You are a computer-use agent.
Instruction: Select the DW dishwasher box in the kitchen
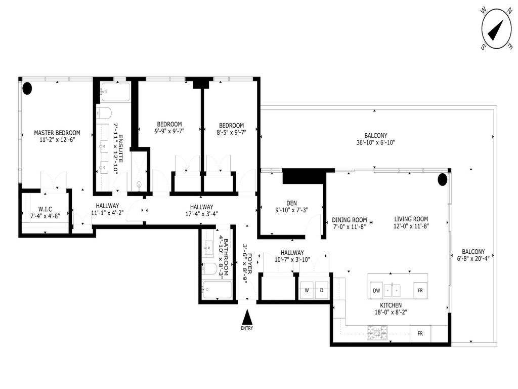(x=376, y=291)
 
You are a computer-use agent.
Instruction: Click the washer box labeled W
(x=307, y=291)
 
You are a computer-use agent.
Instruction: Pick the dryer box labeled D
(x=321, y=291)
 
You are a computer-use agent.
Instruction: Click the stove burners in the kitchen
(x=375, y=333)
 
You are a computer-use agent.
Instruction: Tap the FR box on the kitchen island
(x=419, y=291)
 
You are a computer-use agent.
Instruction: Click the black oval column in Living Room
(x=442, y=179)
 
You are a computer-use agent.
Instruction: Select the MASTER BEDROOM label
(x=57, y=133)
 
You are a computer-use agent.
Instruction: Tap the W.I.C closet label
(x=41, y=208)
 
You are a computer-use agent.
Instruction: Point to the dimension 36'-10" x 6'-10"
(x=375, y=143)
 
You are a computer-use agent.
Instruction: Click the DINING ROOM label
(x=349, y=220)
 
